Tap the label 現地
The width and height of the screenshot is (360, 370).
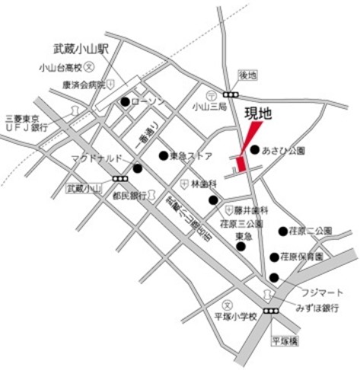(257, 114)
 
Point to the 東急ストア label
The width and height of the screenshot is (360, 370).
(190, 156)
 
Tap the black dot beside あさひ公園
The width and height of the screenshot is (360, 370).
(254, 150)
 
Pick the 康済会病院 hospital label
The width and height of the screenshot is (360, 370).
(83, 85)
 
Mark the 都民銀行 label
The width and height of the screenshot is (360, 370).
(129, 195)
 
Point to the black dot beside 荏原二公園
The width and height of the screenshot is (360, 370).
(283, 231)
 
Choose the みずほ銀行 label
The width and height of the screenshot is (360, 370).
(317, 308)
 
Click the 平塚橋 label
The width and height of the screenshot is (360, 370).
(287, 342)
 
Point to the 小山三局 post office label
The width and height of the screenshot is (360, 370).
(209, 107)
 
